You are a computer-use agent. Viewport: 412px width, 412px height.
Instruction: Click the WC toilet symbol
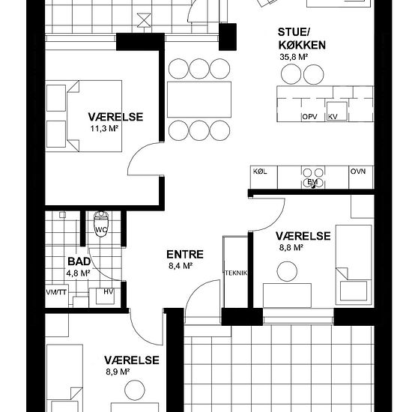[101, 223]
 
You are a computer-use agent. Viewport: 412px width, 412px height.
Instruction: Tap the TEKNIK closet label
[236, 273]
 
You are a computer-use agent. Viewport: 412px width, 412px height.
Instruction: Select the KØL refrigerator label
[260, 172]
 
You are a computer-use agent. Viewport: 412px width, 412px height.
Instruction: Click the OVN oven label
[358, 172]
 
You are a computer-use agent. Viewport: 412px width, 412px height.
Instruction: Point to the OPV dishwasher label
[310, 117]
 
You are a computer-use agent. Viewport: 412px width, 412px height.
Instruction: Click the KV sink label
[333, 117]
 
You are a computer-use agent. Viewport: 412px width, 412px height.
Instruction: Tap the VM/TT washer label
[56, 292]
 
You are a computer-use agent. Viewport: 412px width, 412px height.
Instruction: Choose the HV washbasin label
[109, 291]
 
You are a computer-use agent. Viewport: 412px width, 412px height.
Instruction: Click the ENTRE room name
[185, 255]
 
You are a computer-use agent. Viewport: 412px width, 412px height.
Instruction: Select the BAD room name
[79, 261]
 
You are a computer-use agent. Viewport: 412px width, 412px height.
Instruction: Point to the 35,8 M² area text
[294, 57]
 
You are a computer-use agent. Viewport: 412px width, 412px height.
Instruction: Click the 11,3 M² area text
[103, 129]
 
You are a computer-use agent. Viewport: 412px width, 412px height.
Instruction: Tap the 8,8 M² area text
[291, 247]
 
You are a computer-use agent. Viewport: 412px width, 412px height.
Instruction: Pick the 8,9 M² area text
[118, 372]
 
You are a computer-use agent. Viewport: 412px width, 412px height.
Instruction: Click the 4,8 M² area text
[79, 273]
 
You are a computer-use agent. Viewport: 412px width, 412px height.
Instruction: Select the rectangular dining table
[199, 100]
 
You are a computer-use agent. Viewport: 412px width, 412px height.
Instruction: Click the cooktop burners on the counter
[313, 178]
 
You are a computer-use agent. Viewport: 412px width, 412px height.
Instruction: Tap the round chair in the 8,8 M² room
[287, 271]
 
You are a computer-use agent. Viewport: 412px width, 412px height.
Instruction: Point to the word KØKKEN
[302, 45]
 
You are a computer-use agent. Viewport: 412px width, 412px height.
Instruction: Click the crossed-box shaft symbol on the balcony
[144, 20]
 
